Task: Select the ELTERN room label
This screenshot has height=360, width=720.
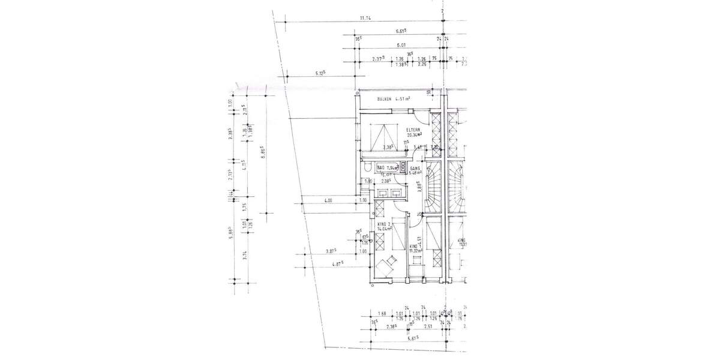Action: click(414, 130)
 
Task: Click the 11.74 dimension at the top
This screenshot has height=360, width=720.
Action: click(365, 19)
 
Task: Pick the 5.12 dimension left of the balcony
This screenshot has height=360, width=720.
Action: click(320, 74)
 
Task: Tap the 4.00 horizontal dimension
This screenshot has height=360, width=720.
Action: click(328, 200)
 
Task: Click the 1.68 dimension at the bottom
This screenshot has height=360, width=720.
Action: click(382, 313)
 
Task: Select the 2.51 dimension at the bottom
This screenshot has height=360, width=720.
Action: click(428, 327)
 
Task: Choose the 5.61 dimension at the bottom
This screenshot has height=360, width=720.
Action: click(413, 339)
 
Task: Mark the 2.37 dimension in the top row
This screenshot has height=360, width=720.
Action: click(377, 59)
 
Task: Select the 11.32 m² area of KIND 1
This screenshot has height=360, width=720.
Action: click(414, 251)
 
